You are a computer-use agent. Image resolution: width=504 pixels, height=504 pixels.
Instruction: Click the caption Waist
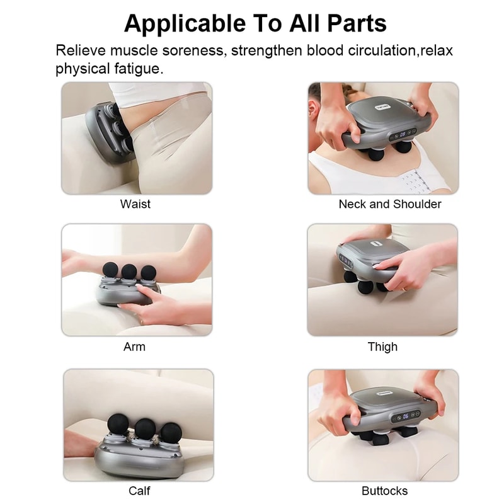point(135,204)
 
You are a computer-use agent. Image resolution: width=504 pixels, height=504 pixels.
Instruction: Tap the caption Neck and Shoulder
point(390,204)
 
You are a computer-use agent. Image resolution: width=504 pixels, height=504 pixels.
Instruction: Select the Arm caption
point(135,346)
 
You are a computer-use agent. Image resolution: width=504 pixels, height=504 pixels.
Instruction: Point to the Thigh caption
point(382,346)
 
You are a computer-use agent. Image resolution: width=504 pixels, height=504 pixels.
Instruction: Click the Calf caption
point(139,490)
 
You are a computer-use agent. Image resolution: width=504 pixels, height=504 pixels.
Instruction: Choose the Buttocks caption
point(384,490)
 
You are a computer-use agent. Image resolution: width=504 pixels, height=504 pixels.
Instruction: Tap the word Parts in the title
point(354,23)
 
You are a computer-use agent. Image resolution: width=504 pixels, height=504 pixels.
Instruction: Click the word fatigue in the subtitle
point(137,68)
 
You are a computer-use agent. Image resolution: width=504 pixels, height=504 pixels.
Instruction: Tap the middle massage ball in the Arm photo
point(129,271)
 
